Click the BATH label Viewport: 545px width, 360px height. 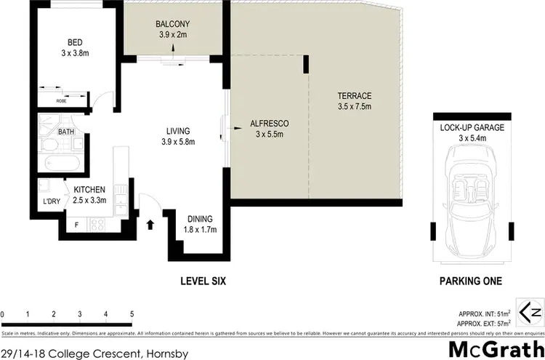point(67,132)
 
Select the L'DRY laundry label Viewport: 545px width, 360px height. point(51,201)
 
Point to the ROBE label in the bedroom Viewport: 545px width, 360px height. point(62,100)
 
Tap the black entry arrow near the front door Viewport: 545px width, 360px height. point(151,224)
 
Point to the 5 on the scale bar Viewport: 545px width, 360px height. point(132,314)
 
